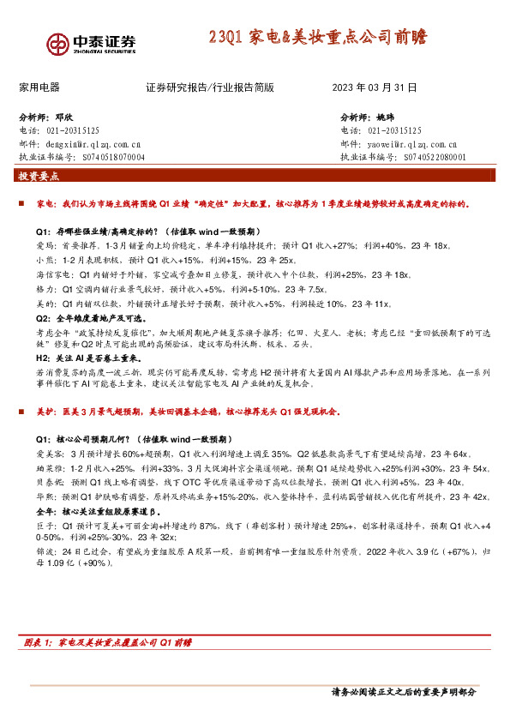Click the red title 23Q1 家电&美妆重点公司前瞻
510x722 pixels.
[x=318, y=39]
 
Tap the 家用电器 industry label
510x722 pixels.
[x=39, y=87]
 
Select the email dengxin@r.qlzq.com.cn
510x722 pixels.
[x=97, y=145]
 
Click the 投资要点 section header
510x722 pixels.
[x=39, y=177]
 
